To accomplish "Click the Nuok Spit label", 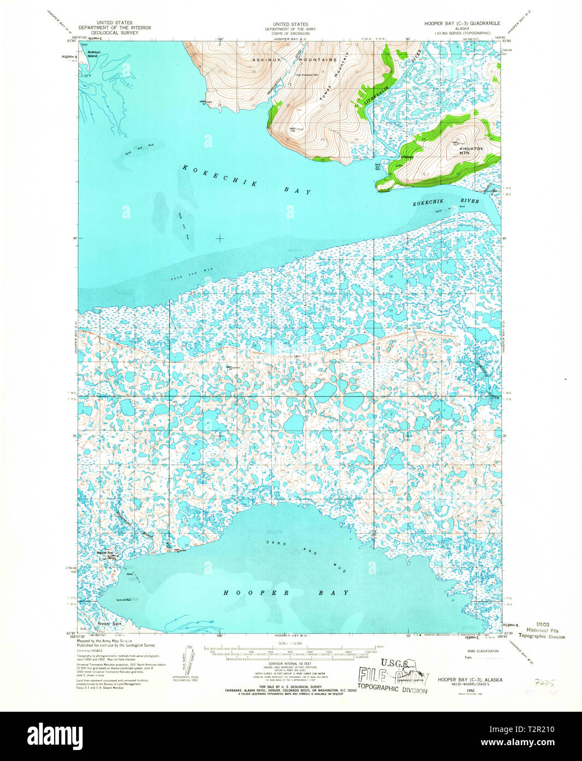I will click(x=108, y=624).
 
